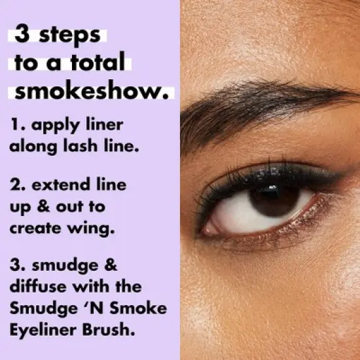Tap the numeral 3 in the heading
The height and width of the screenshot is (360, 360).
tap(22, 35)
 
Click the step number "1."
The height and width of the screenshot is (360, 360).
tap(17, 123)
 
